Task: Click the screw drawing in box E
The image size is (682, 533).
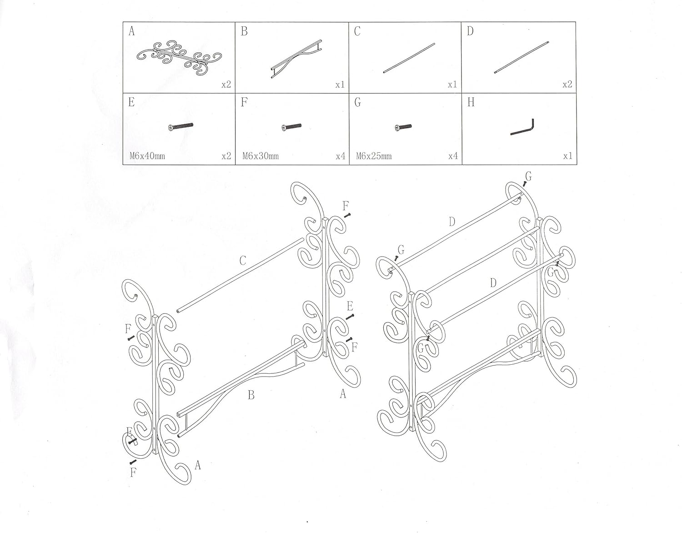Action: (181, 126)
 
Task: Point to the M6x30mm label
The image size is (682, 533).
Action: (260, 156)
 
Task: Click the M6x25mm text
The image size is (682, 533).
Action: (374, 156)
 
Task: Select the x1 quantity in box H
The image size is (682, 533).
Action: (567, 156)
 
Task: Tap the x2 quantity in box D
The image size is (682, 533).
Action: (567, 85)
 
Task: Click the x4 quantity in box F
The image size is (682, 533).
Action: (341, 156)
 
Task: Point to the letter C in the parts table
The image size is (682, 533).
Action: (357, 32)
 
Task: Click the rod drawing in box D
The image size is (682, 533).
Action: (521, 56)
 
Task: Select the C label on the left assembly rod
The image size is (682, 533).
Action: (243, 261)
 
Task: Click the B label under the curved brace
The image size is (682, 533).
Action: (251, 395)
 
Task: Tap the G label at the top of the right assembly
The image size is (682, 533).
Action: (528, 176)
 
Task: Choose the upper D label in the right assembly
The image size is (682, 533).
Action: (451, 222)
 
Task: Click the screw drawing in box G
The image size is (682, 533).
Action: (403, 127)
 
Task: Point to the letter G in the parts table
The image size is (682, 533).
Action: (357, 103)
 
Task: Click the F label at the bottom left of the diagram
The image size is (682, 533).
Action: (133, 473)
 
